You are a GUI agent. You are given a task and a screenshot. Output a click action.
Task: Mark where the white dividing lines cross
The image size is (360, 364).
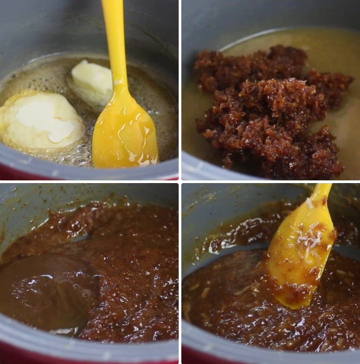tap(180, 182)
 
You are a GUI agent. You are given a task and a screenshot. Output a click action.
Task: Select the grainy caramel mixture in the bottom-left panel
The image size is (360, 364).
tap(133, 278)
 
